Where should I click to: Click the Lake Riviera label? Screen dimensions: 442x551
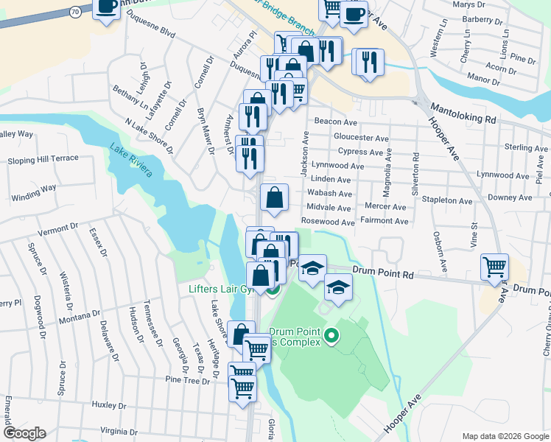[x=131, y=159]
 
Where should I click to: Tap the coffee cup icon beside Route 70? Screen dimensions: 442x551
[x=107, y=7]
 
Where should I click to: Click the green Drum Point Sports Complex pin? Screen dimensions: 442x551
[x=331, y=337]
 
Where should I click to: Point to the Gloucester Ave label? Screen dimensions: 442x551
[x=360, y=138]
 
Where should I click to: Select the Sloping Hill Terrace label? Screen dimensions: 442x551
[x=43, y=159]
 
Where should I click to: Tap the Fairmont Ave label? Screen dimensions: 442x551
[x=385, y=221]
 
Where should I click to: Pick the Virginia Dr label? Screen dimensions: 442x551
[x=119, y=430]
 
